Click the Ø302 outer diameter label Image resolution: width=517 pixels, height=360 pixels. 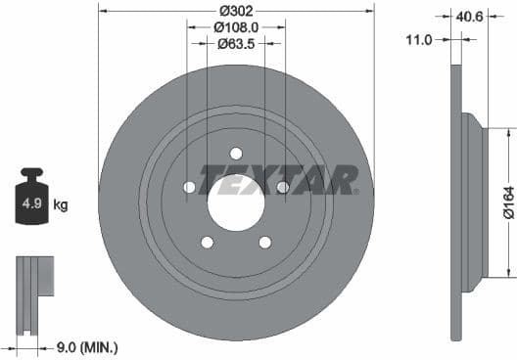tap(236, 11)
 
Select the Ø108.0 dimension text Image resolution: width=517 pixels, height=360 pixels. tap(236, 27)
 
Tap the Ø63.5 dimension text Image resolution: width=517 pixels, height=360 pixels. tap(236, 44)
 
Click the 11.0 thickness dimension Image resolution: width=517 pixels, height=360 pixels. tap(421, 40)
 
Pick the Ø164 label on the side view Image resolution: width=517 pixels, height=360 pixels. tap(506, 202)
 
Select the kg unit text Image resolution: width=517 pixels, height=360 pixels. tap(61, 205)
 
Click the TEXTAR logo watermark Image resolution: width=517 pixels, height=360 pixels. tap(279, 180)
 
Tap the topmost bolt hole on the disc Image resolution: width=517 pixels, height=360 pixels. tap(236, 153)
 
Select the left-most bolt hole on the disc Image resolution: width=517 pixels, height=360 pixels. tap(189, 187)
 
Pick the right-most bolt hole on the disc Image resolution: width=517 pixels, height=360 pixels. tap(283, 187)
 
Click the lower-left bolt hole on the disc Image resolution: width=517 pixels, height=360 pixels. tap(207, 243)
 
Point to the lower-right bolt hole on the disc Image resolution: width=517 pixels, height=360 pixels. tap(265, 243)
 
